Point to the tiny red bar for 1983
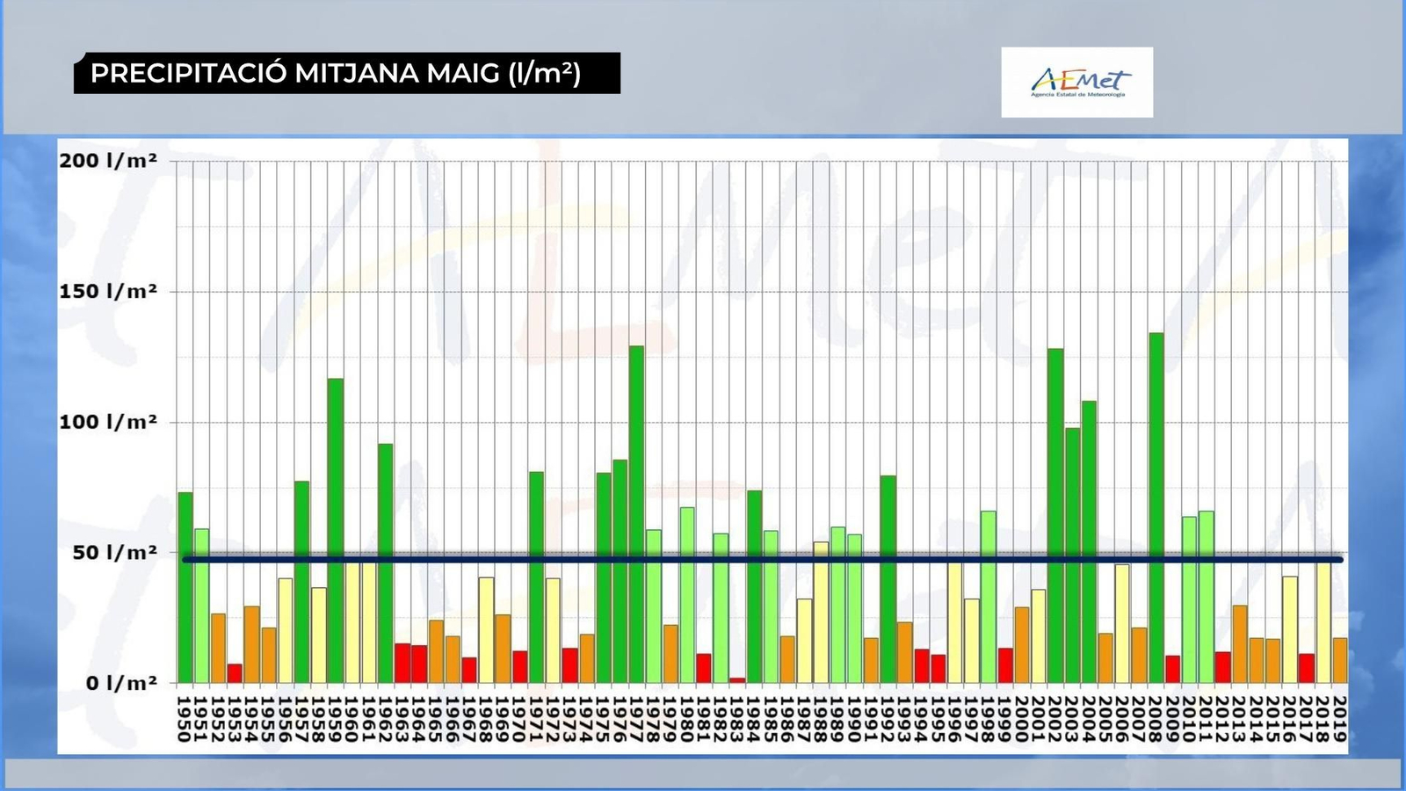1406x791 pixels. click(737, 679)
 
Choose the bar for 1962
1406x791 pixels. click(385, 562)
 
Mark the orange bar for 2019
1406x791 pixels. click(1340, 660)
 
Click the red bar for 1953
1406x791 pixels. click(235, 673)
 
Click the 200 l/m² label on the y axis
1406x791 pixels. click(108, 161)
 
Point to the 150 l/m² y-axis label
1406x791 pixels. click(108, 292)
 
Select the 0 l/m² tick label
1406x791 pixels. click(120, 683)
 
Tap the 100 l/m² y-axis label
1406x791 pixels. click(108, 422)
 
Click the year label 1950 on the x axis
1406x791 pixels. click(185, 718)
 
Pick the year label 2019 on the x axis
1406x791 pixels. click(1340, 718)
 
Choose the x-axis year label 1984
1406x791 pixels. click(754, 718)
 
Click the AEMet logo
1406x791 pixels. click(1076, 83)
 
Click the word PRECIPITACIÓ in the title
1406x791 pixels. click(189, 73)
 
